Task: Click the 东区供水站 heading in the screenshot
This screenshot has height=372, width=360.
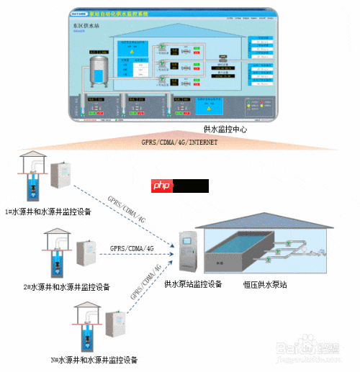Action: pos(86,24)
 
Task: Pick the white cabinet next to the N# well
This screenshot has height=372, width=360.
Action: pos(112,328)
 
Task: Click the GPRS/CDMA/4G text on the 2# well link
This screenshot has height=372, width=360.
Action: pos(132,248)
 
